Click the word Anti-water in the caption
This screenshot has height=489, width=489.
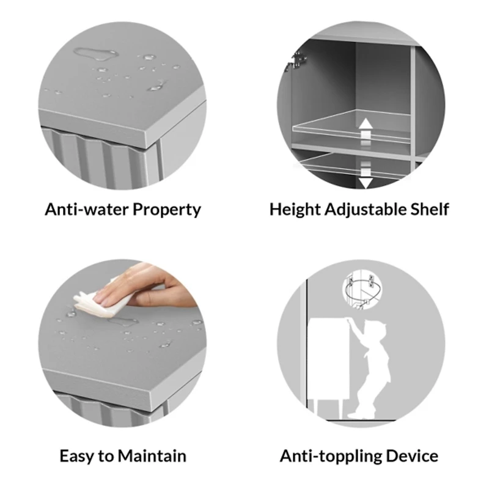[87, 209]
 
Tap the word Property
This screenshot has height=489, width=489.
[167, 210]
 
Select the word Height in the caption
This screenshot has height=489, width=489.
[295, 210]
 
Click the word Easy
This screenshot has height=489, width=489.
[76, 456]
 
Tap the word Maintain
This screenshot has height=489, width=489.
[152, 455]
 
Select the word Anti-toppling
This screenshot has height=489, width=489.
[331, 456]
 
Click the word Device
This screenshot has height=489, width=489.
[412, 455]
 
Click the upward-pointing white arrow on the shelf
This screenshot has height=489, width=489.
[366, 131]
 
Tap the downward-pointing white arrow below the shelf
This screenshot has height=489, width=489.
[366, 175]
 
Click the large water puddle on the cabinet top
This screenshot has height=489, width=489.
[96, 54]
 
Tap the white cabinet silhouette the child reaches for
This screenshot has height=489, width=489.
[328, 359]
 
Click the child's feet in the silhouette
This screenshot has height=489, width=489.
[362, 413]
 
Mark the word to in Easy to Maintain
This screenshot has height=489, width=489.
[106, 456]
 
